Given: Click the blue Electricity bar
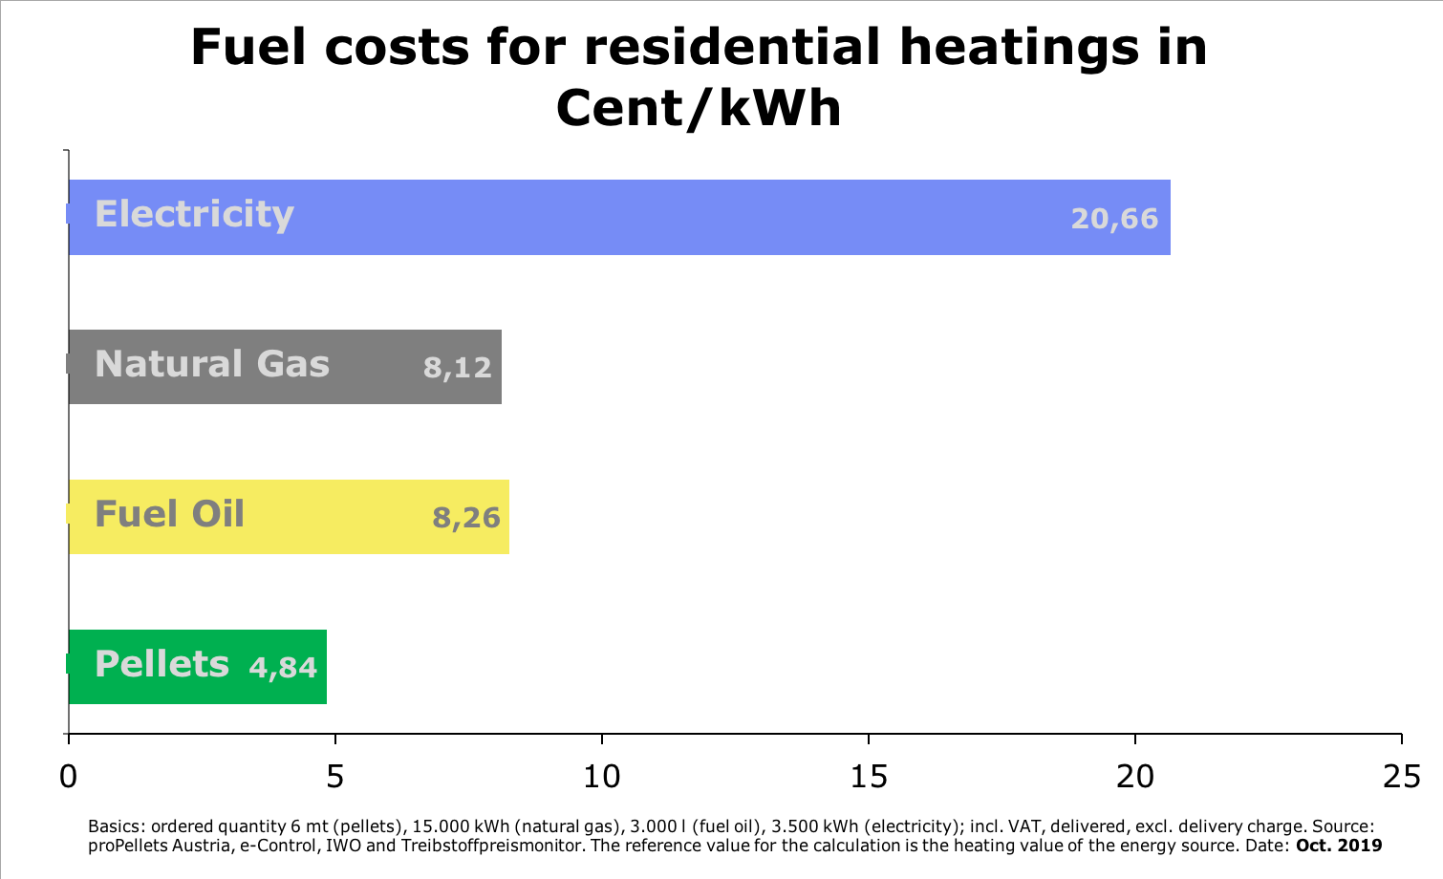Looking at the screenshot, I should (669, 218).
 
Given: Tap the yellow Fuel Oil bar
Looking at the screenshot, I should (334, 517).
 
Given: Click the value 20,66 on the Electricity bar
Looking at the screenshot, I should (1114, 219).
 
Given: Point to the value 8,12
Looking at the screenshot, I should (457, 367).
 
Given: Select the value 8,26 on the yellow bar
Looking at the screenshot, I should (466, 518).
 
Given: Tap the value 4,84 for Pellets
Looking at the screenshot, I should (283, 667).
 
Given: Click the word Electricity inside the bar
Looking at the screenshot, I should (194, 215).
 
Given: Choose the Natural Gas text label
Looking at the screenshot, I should (212, 364).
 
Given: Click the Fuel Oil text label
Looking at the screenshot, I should (169, 514).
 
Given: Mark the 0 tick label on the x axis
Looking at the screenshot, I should (68, 777).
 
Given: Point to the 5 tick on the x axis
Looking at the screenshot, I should (334, 777).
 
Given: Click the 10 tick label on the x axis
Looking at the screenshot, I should (602, 777).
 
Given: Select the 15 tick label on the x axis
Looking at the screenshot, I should (869, 777).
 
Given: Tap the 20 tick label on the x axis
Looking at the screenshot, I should (1135, 777).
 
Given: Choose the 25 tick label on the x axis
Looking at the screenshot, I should (1402, 777).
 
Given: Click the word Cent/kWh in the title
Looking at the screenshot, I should (699, 108).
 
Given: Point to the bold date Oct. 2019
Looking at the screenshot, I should (1338, 846).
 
